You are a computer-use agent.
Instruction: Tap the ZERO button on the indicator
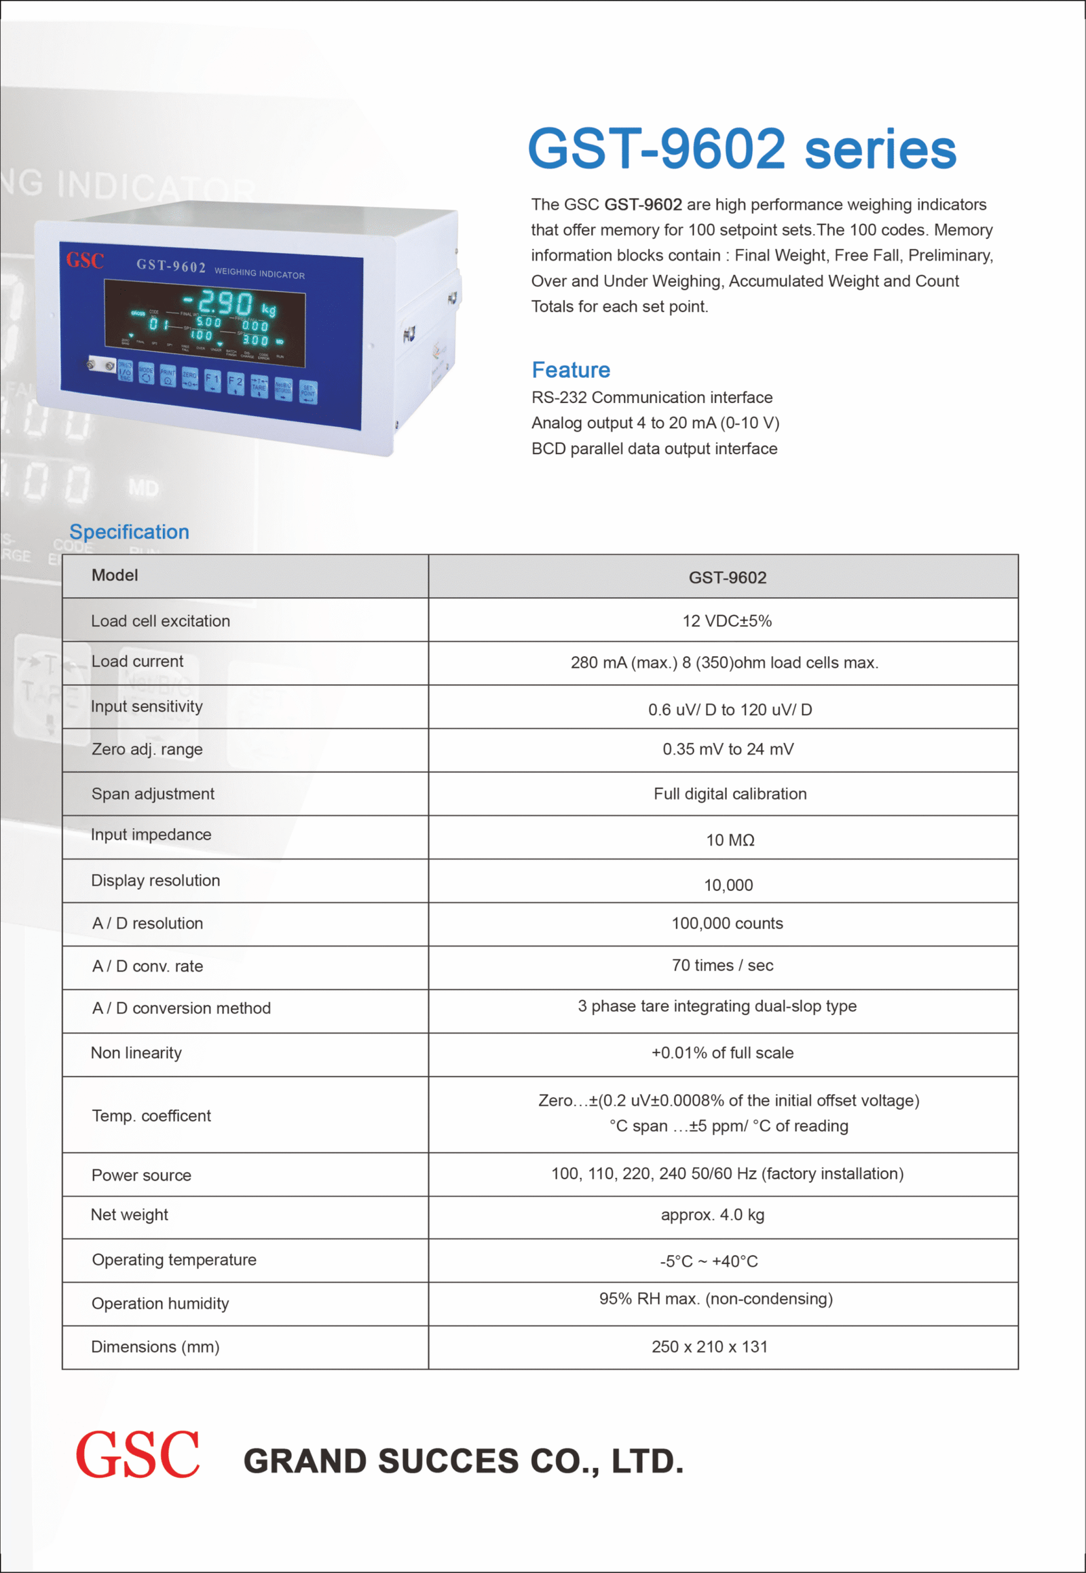point(190,379)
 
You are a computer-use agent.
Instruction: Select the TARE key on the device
point(259,385)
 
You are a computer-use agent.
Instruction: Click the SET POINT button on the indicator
point(308,392)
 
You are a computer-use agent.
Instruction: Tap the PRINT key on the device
point(168,376)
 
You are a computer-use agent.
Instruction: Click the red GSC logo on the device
point(85,260)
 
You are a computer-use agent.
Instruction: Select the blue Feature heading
point(571,370)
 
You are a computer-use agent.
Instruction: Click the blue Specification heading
point(129,532)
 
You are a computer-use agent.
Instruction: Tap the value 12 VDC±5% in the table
point(727,621)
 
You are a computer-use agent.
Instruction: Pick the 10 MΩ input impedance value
point(730,840)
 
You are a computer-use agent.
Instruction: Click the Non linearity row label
point(136,1053)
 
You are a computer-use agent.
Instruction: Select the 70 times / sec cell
point(723,966)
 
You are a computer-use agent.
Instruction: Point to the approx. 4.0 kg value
point(713,1215)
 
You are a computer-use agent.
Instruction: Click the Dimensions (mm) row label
point(155,1347)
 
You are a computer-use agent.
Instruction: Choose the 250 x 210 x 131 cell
point(710,1347)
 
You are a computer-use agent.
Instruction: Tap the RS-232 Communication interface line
point(652,398)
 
